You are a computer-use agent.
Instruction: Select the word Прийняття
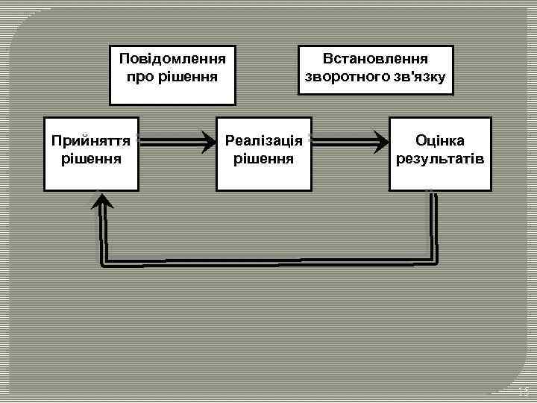coord(90,140)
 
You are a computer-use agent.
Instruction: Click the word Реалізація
coord(263,140)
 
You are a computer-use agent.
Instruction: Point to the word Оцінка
coord(440,140)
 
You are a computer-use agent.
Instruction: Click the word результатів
coord(440,159)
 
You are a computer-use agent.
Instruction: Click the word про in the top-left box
coord(140,77)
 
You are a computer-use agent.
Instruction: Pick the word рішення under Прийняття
coord(90,159)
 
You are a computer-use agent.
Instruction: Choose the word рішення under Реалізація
coord(263,159)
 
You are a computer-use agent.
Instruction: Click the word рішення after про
coord(186,77)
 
